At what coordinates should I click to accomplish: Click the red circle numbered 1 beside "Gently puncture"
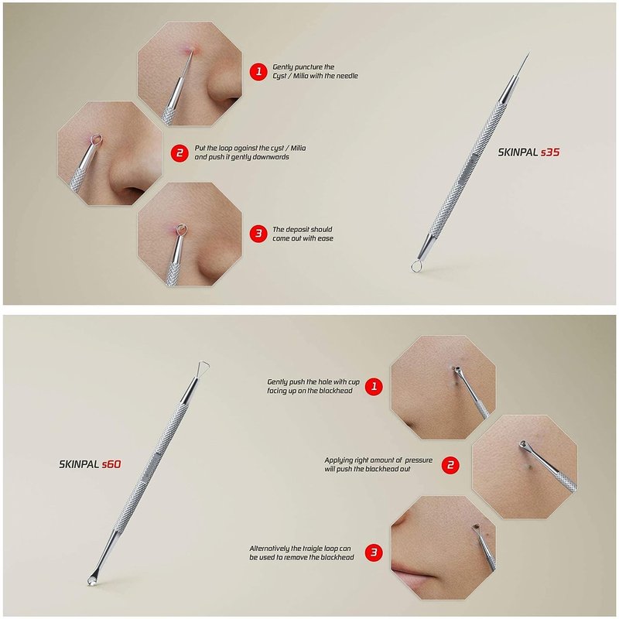point(258,71)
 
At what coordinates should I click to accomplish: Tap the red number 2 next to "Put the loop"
point(180,152)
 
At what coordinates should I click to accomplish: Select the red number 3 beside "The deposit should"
point(258,234)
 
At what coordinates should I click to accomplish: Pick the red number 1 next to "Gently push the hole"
point(374,386)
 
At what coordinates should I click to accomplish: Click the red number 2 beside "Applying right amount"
point(450,465)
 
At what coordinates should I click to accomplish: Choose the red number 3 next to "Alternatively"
point(374,552)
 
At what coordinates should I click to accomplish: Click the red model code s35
point(550,152)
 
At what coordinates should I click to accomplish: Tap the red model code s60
point(111,464)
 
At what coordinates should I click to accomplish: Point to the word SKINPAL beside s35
point(518,152)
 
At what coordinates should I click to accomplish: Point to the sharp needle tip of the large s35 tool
point(529,53)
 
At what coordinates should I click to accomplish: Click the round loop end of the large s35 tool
point(416,267)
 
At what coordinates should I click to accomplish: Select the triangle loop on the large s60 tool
point(203,367)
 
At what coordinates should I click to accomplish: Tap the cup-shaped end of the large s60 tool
point(91,580)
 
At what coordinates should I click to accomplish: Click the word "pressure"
point(419,460)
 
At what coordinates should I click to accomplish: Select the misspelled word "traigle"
point(313,549)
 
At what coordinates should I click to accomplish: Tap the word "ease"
point(326,238)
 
